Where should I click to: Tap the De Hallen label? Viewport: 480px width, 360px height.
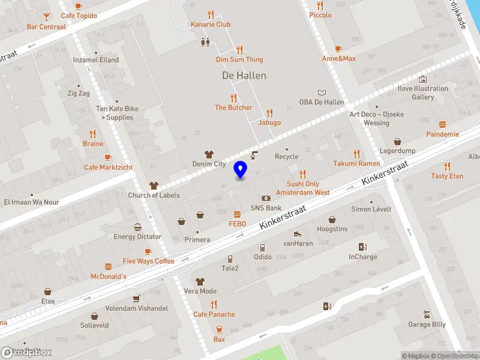[x=244, y=76]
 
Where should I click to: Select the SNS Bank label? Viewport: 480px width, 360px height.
[x=266, y=208]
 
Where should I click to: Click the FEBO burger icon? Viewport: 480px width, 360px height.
[x=238, y=214]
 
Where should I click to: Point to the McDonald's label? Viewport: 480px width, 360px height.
[x=108, y=277]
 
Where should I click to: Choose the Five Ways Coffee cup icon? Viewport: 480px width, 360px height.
[x=148, y=251]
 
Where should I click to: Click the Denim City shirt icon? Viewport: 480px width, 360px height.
[x=209, y=154]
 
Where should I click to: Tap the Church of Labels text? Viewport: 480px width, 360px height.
[x=154, y=195]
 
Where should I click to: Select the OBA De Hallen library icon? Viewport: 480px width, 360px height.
[x=322, y=92]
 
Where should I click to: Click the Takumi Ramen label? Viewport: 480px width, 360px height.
[x=356, y=163]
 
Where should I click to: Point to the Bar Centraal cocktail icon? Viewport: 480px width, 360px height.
[x=46, y=17]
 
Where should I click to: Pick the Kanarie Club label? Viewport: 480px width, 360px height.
[x=211, y=25]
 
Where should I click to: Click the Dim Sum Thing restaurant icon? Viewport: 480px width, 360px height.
[x=239, y=50]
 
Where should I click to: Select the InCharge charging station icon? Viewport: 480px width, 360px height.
[x=362, y=247]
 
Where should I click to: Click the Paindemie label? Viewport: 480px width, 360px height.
[x=442, y=134]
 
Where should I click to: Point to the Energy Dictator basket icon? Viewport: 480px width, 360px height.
[x=137, y=227]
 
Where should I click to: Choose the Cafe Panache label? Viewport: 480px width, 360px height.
[x=214, y=314]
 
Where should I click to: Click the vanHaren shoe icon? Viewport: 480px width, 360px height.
[x=298, y=234]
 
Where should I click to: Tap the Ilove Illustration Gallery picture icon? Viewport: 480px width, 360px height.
[x=422, y=79]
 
